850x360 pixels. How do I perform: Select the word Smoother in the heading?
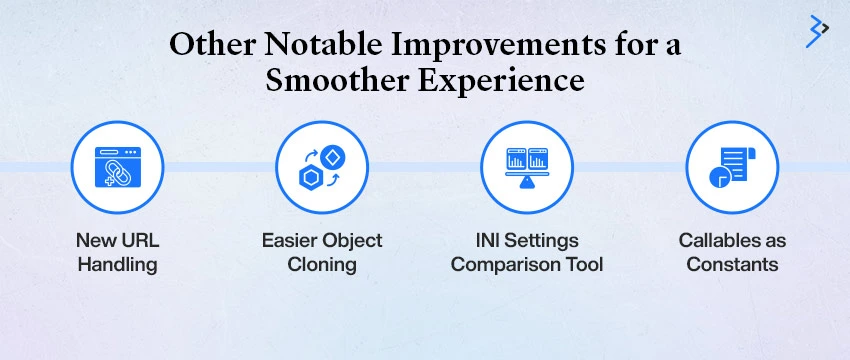343,81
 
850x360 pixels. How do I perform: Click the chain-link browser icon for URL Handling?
117,166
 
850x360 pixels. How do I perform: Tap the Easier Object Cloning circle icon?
321,166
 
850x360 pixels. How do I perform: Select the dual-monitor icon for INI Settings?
527,166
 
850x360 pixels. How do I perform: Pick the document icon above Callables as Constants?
731,166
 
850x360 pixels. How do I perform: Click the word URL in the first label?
139,241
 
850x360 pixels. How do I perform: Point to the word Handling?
117,264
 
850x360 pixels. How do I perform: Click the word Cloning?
321,264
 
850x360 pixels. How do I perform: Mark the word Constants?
732,264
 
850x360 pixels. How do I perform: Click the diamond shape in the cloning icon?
333,154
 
